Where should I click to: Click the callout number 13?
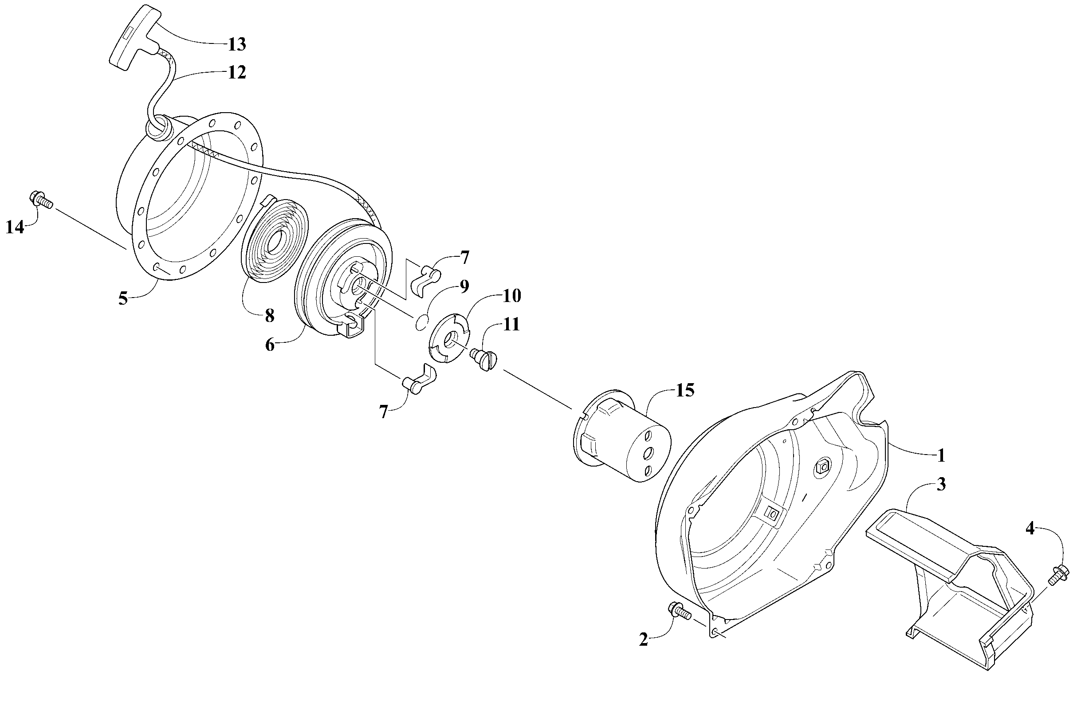coord(236,44)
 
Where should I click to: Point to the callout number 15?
coord(685,390)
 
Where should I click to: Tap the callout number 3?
coord(941,485)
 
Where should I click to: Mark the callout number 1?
coord(941,455)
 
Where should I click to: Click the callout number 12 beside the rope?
coord(236,72)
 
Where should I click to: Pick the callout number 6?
coord(270,345)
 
